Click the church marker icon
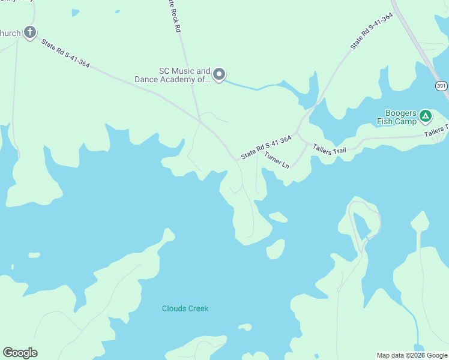(30, 32)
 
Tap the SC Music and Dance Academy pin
(219, 75)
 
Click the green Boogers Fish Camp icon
(425, 115)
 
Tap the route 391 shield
(441, 86)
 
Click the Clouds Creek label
(185, 308)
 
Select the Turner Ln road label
(277, 160)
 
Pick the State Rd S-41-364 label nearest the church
(65, 53)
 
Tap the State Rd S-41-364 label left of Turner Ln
(266, 148)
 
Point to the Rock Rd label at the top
(174, 14)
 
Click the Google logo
(20, 353)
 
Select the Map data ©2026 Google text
(412, 355)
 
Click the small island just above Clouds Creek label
(245, 327)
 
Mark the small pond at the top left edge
(75, 13)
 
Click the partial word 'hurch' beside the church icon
(10, 32)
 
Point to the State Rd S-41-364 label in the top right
(372, 31)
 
